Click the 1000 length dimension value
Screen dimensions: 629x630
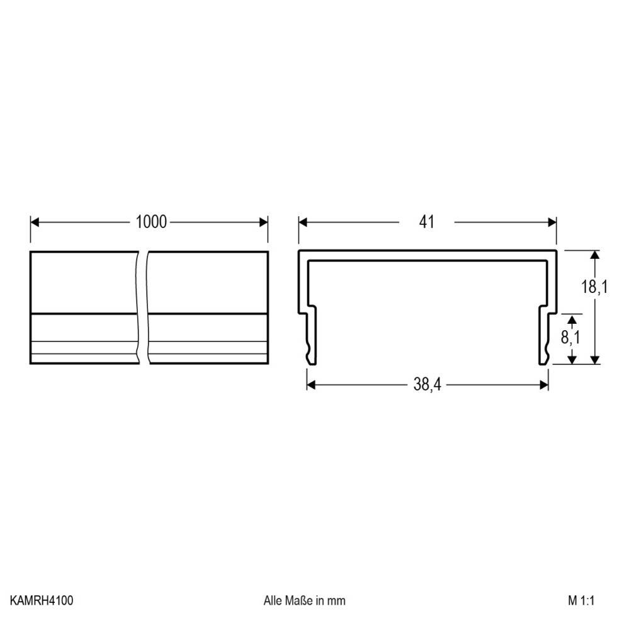(x=151, y=222)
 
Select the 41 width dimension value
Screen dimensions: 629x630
(x=426, y=222)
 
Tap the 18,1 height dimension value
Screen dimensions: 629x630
(x=594, y=287)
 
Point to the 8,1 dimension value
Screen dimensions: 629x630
(x=570, y=338)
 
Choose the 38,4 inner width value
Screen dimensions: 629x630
(x=428, y=384)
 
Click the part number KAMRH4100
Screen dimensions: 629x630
(x=42, y=600)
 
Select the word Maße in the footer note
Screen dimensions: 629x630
(x=299, y=600)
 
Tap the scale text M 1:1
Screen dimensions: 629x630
(x=581, y=600)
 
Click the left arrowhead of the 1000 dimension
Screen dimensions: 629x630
(x=35, y=222)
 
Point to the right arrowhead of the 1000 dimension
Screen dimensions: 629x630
(x=264, y=222)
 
